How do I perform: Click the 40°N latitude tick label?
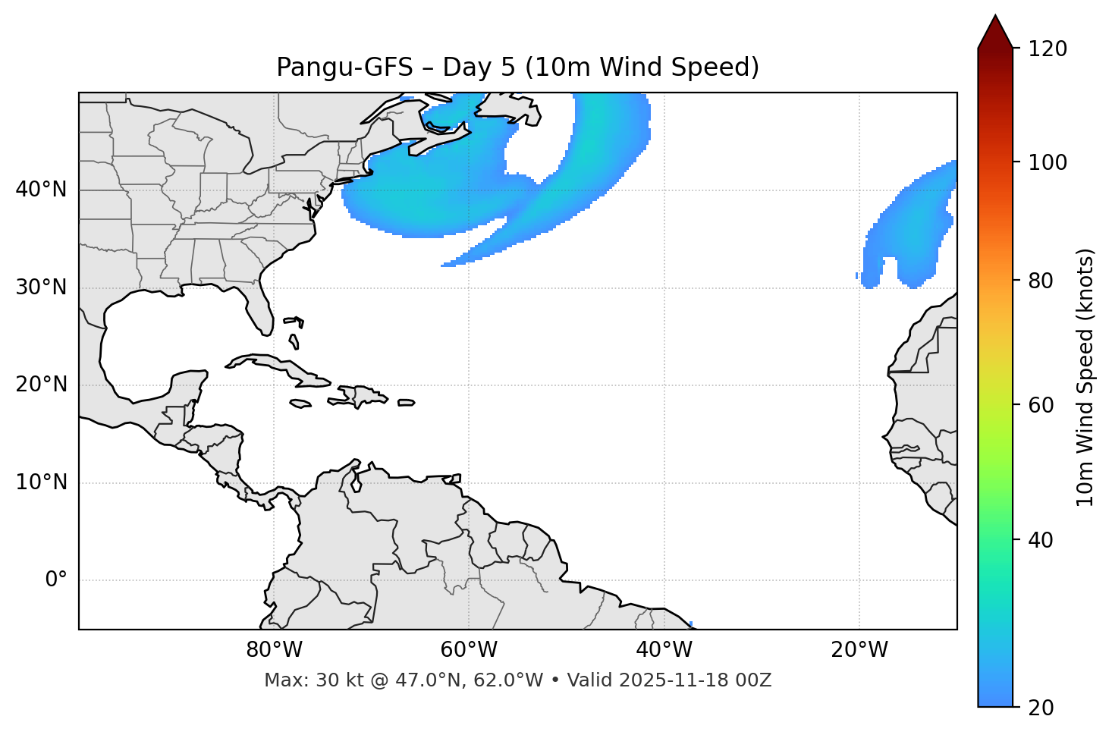click(x=41, y=190)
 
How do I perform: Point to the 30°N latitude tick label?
click(x=41, y=287)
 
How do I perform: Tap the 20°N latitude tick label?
click(x=41, y=385)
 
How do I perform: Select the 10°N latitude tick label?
click(x=41, y=482)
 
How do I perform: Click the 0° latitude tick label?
click(x=56, y=580)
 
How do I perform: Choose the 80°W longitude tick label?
click(x=274, y=650)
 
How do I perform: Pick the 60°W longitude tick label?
click(x=469, y=650)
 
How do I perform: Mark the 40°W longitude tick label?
click(x=664, y=650)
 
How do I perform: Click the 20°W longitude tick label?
click(x=859, y=650)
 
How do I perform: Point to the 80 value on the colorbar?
click(x=1044, y=281)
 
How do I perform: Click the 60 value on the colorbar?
click(x=1044, y=405)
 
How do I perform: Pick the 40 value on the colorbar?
click(x=1044, y=540)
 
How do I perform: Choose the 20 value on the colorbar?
click(x=1044, y=708)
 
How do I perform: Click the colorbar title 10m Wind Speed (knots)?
click(x=1085, y=377)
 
